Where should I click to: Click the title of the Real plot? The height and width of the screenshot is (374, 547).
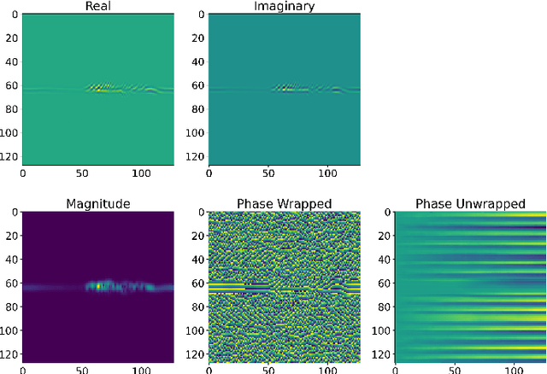point(97,8)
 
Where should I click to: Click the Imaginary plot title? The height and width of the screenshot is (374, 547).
point(285,8)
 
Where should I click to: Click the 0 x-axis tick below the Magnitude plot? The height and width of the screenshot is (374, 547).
point(23,369)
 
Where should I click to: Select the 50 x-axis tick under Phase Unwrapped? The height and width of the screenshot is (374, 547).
point(455,369)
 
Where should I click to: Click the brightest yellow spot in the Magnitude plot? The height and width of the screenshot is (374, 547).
point(99,286)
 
